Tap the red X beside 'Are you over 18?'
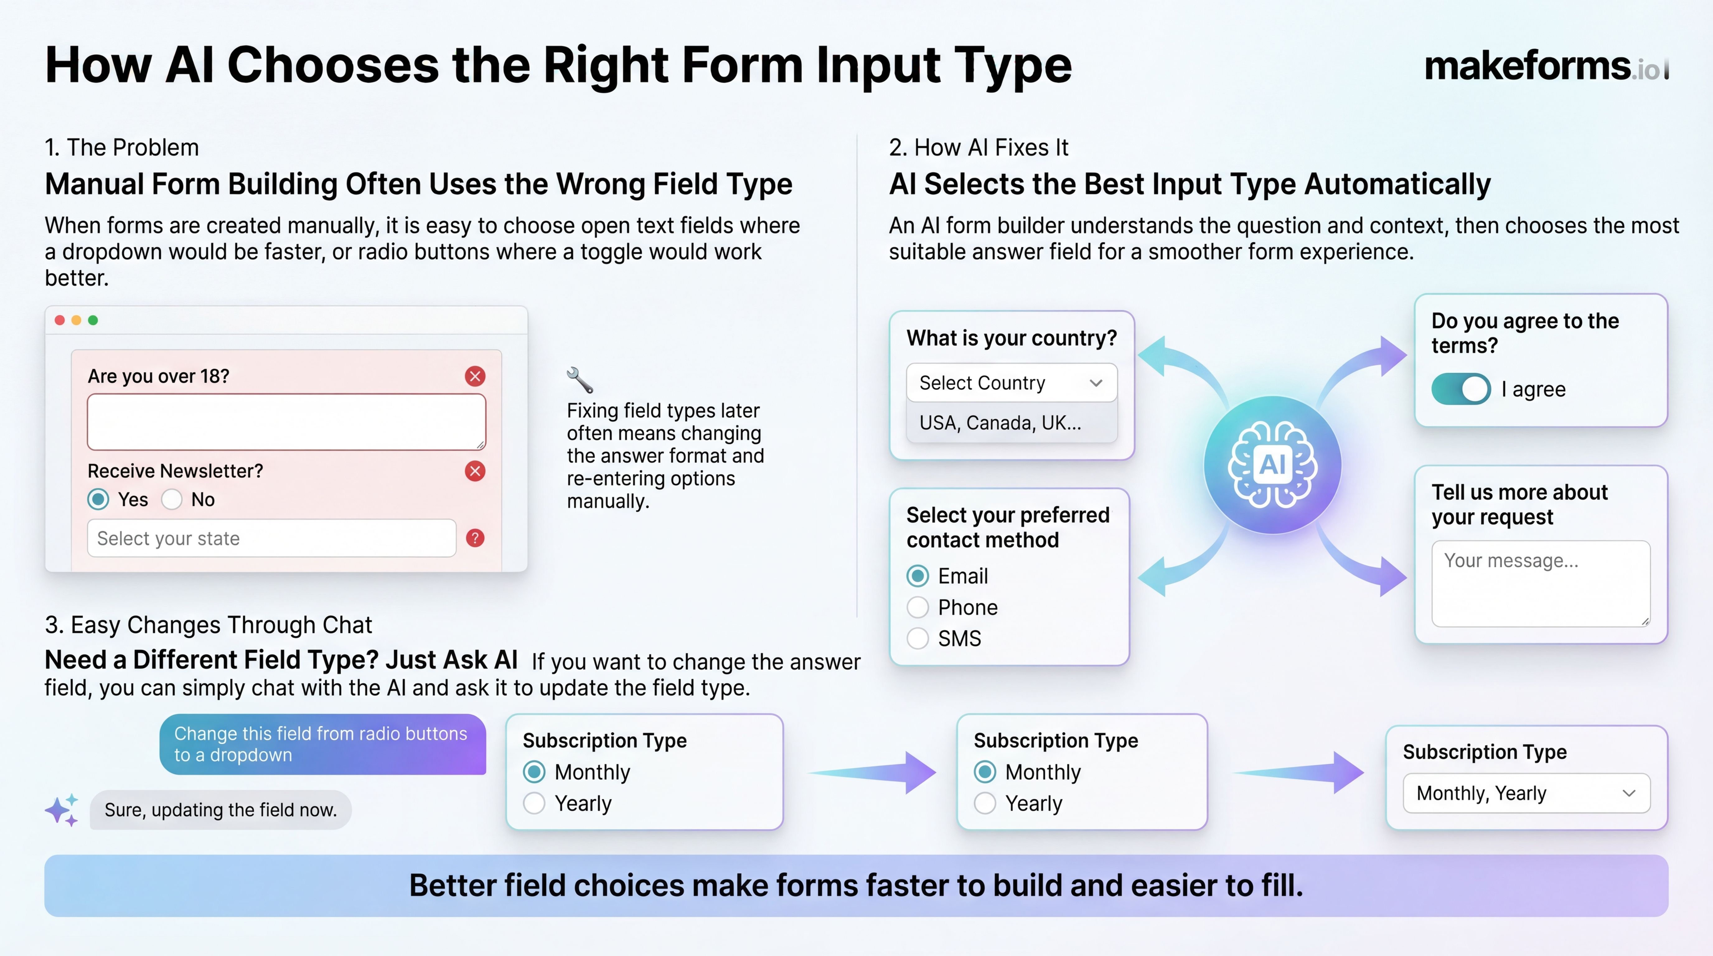click(475, 376)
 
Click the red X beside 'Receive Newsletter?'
click(475, 471)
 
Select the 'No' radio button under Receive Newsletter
click(171, 499)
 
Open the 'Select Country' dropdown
click(1011, 383)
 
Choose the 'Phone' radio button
click(918, 607)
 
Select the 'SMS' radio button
click(918, 638)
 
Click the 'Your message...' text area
click(1540, 583)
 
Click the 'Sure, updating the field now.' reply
click(221, 810)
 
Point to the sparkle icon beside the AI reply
click(62, 810)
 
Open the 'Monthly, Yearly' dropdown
click(1526, 793)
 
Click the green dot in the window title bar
click(93, 321)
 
